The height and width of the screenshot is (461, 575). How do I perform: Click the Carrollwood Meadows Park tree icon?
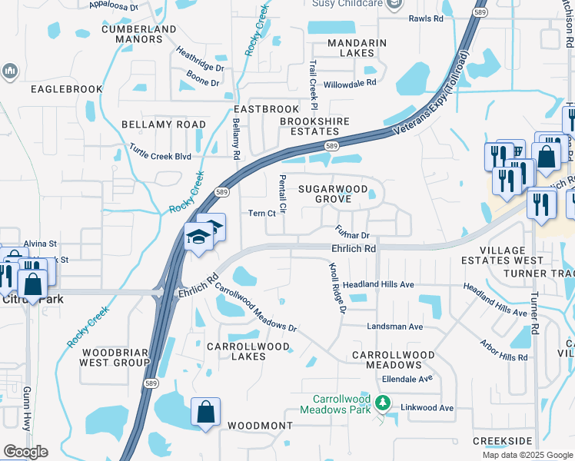(383, 403)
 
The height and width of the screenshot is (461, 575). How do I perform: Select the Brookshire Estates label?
(314, 126)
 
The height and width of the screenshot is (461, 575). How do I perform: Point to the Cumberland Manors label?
(139, 35)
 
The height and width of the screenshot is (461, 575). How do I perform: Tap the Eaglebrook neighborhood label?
(67, 89)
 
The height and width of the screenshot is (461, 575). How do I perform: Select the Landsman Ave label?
(395, 327)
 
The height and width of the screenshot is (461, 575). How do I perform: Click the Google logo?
(25, 452)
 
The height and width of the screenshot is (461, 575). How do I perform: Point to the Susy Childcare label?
(347, 4)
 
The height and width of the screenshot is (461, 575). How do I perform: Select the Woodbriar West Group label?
(115, 357)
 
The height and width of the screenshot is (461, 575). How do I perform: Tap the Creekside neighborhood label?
(503, 440)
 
